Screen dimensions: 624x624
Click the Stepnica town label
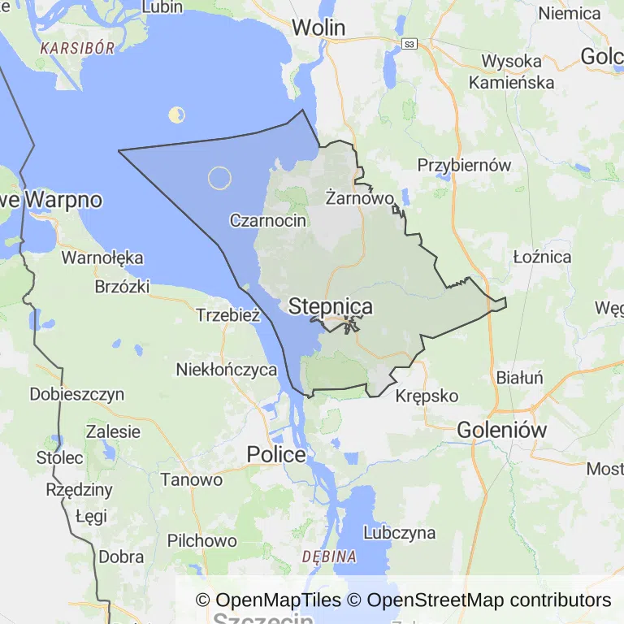(331, 306)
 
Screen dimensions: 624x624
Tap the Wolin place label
(318, 27)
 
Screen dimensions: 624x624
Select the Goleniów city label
(502, 430)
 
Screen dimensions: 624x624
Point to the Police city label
(276, 455)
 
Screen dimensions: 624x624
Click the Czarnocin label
(268, 220)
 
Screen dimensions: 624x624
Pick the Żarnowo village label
(359, 197)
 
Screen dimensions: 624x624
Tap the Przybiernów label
(464, 165)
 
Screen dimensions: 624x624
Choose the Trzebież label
(227, 315)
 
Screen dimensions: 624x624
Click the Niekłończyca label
(227, 370)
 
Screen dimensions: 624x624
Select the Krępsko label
(427, 396)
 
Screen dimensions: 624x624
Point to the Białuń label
(519, 378)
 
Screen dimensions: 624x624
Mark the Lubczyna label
(399, 533)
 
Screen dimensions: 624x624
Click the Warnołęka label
(103, 258)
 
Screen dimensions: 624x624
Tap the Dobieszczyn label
(77, 395)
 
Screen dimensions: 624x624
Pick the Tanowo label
(191, 479)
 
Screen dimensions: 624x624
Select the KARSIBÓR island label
(77, 47)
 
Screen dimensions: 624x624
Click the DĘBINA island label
(329, 557)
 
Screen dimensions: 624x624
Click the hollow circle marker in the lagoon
(219, 178)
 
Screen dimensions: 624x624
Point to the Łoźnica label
(542, 257)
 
